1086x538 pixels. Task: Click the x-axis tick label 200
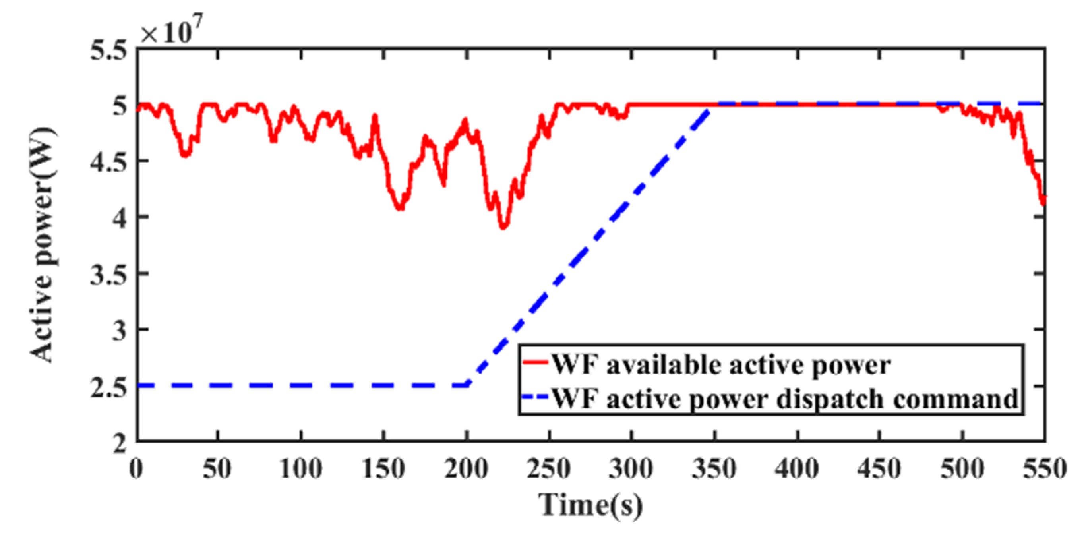tap(466, 469)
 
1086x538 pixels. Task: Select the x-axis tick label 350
tap(714, 469)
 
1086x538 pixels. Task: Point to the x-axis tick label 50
tap(217, 469)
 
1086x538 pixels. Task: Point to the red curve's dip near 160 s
tap(400, 208)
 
